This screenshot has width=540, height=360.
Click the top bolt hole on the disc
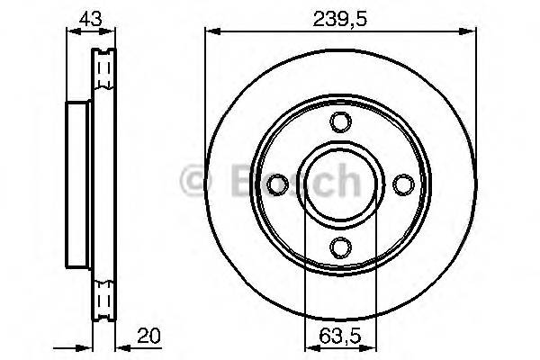point(339,122)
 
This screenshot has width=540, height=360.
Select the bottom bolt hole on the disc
point(339,246)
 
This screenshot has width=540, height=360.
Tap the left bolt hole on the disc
point(277,184)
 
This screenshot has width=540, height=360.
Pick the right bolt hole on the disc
point(401,184)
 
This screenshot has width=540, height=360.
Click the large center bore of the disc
point(339,184)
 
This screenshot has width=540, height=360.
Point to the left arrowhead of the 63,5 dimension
point(310,345)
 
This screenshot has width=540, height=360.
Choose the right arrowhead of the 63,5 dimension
point(370,345)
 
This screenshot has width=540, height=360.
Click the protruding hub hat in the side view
point(78,184)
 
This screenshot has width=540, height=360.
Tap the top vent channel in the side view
point(106,68)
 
